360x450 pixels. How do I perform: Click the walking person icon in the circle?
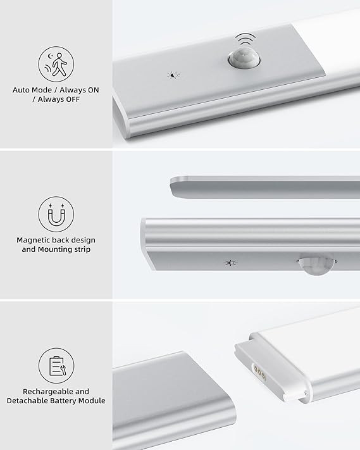[x=56, y=65]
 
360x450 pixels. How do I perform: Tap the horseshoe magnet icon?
[x=56, y=215]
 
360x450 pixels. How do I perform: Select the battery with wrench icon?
[x=56, y=366]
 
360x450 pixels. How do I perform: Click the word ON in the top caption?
[x=93, y=90]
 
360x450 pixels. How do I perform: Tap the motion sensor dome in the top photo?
[x=244, y=59]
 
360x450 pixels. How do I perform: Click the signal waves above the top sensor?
[x=245, y=39]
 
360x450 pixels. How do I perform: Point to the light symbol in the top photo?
[x=173, y=75]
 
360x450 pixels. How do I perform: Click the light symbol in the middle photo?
[x=231, y=263]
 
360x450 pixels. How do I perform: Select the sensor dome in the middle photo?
[x=316, y=263]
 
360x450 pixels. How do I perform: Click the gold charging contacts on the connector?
[x=259, y=373]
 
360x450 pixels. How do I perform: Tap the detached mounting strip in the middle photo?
[x=264, y=187]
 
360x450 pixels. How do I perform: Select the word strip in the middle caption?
[x=83, y=249]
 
